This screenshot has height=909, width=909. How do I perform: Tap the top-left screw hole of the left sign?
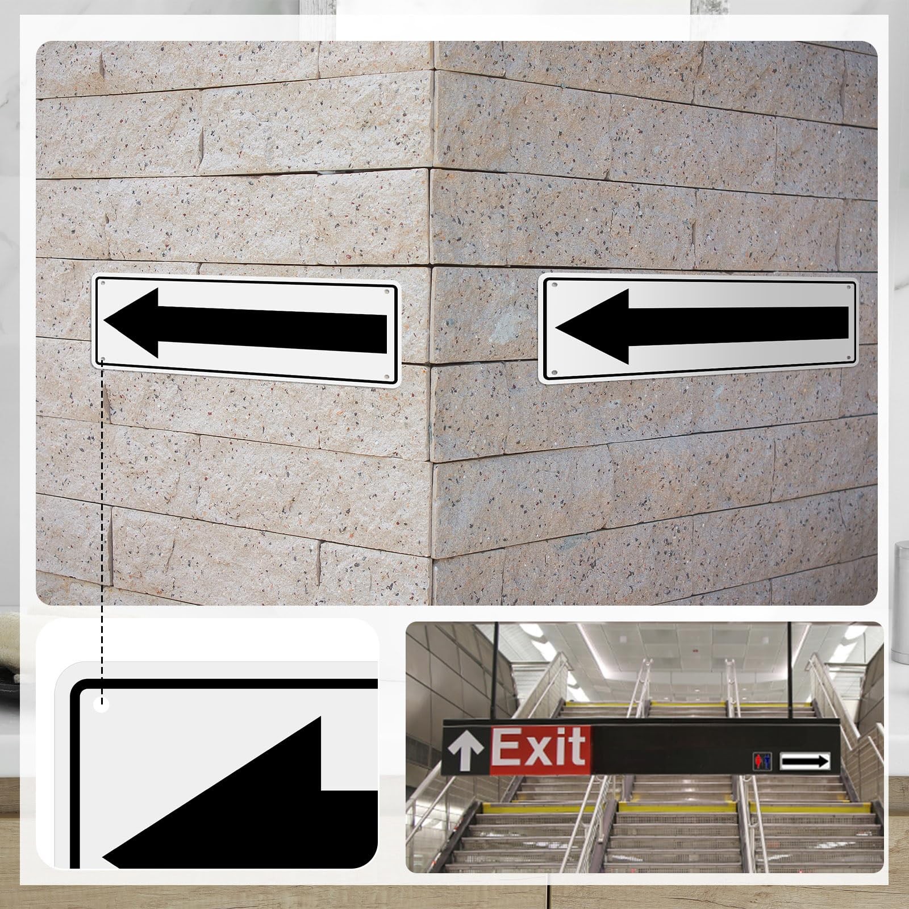pyautogui.click(x=102, y=282)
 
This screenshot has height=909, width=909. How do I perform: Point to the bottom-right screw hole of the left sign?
pyautogui.click(x=387, y=377)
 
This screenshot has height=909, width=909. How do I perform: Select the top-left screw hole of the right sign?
pyautogui.click(x=554, y=282)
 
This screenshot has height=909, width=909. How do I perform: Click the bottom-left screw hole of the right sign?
pyautogui.click(x=554, y=372)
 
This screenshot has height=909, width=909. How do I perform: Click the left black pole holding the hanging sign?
pyautogui.click(x=498, y=671)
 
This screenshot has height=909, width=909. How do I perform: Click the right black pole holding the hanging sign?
pyautogui.click(x=791, y=671)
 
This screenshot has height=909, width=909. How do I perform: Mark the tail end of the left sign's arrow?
pyautogui.click(x=386, y=333)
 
